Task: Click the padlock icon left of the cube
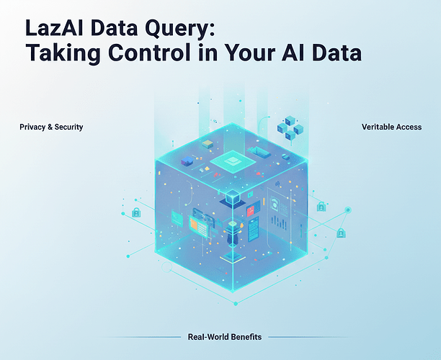(136, 212)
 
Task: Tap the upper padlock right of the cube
(321, 207)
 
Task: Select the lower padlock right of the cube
(341, 233)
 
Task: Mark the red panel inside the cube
(251, 211)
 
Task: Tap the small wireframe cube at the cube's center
(232, 197)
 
